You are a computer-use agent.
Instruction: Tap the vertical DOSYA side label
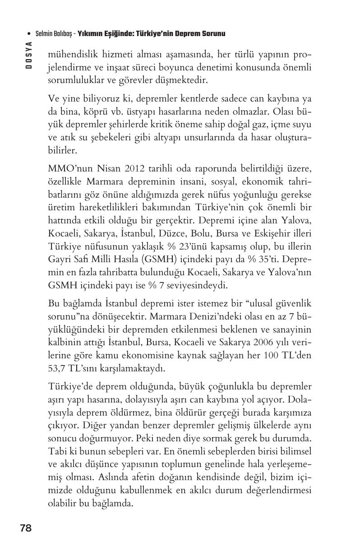coord(28,55)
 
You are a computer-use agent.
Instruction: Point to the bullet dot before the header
coord(29,34)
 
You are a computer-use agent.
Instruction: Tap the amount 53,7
coord(57,368)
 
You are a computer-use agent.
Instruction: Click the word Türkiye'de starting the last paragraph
coord(70,387)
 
